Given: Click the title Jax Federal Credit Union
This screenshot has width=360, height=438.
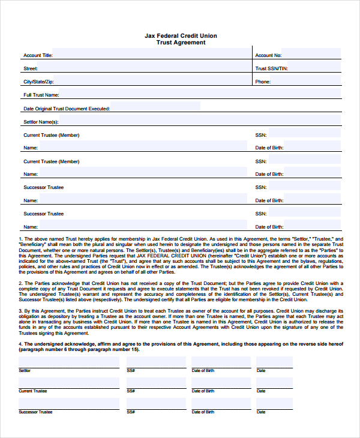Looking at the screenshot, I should tap(181, 36).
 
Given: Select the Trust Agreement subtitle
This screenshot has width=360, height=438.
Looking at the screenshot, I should tap(181, 43).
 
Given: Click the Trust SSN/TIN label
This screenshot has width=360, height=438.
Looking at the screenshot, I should tap(271, 69).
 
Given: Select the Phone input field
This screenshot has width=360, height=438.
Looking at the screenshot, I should tap(306, 81).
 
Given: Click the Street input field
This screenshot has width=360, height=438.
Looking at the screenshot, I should tap(144, 68).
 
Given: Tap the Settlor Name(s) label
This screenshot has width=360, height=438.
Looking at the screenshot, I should tap(40, 122).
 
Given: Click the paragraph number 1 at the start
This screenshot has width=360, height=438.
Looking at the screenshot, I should tap(20, 239).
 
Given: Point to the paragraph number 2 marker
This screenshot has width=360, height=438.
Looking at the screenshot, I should tap(20, 283).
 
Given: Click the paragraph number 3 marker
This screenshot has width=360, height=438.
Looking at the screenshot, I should tap(20, 311).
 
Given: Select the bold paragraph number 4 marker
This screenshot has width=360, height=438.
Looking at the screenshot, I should tap(20, 344).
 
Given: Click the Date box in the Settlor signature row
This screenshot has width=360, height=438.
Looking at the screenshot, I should tap(274, 362).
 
